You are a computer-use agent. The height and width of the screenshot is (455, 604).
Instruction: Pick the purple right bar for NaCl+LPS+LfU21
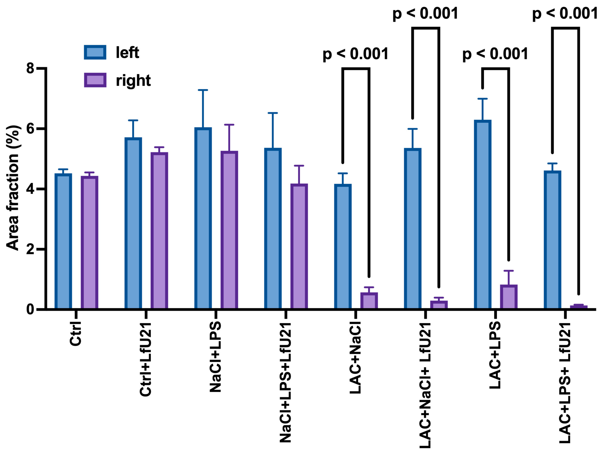pyautogui.click(x=299, y=246)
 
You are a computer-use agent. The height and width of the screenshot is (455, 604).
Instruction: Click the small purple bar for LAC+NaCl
pyautogui.click(x=369, y=301)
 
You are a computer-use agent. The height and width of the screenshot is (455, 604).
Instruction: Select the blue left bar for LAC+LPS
pyautogui.click(x=483, y=215)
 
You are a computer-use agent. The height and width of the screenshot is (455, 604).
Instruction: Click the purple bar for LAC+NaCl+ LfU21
pyautogui.click(x=439, y=305)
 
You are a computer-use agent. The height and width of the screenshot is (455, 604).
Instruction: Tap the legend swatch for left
pyautogui.click(x=95, y=52)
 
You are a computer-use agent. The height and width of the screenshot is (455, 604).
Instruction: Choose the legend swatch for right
pyautogui.click(x=95, y=80)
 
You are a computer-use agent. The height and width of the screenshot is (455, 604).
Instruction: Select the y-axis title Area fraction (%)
pyautogui.click(x=13, y=188)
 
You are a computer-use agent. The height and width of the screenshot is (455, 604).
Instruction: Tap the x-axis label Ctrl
pyautogui.click(x=76, y=334)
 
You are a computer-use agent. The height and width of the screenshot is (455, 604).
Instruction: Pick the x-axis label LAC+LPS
pyautogui.click(x=495, y=355)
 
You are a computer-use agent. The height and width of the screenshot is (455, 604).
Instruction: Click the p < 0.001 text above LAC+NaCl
pyautogui.click(x=355, y=54)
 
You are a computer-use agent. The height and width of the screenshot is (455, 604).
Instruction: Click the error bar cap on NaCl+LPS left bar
pyautogui.click(x=203, y=90)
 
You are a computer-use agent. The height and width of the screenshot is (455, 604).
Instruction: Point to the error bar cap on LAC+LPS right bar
pyautogui.click(x=509, y=271)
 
